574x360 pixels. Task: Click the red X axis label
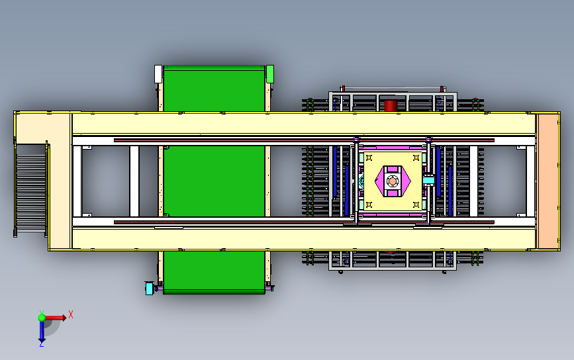70,315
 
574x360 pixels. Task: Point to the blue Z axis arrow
41,334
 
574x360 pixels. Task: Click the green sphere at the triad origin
42,318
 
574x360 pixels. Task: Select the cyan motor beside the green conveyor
150,288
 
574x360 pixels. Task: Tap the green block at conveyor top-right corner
270,73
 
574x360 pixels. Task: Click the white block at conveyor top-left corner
158,73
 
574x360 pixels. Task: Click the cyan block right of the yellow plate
428,180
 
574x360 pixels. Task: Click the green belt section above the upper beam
214,89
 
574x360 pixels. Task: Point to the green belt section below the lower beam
214,271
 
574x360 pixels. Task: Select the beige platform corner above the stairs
43,126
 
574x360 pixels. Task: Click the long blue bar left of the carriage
335,180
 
